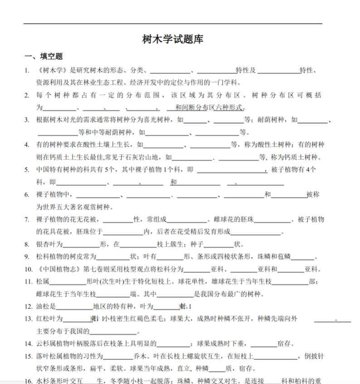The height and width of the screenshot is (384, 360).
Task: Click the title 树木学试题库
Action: (173, 40)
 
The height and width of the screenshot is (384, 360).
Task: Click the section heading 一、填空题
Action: (44, 57)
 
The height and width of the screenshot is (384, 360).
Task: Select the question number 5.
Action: (27, 170)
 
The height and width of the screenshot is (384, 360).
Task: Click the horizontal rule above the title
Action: (173, 24)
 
